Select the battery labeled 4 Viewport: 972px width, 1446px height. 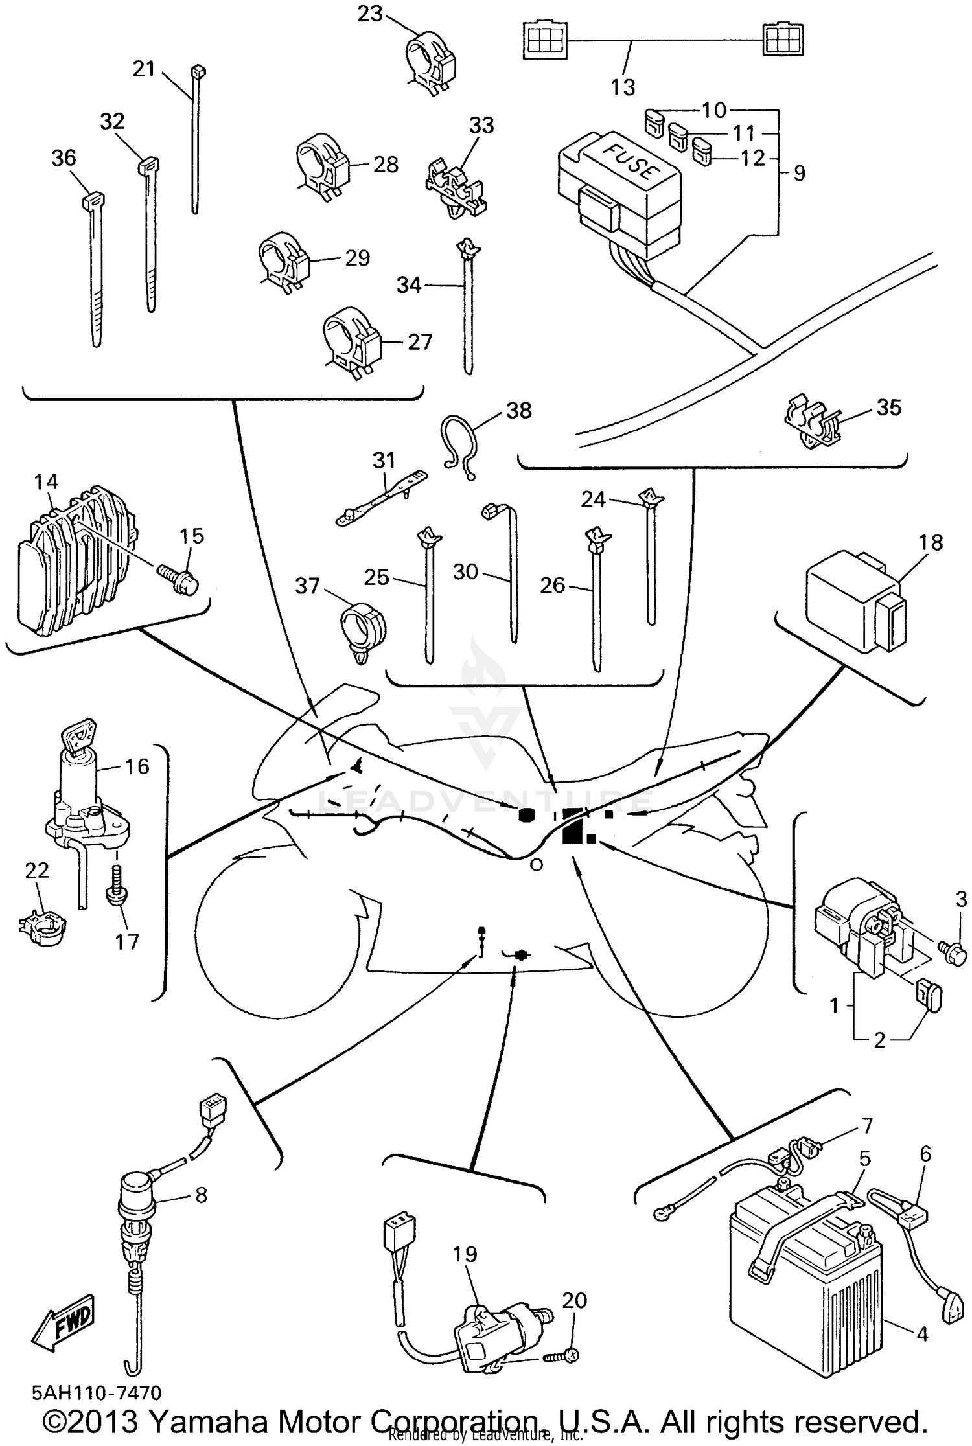(807, 1286)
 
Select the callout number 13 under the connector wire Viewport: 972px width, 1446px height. (623, 87)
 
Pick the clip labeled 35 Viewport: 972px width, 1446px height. (810, 421)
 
